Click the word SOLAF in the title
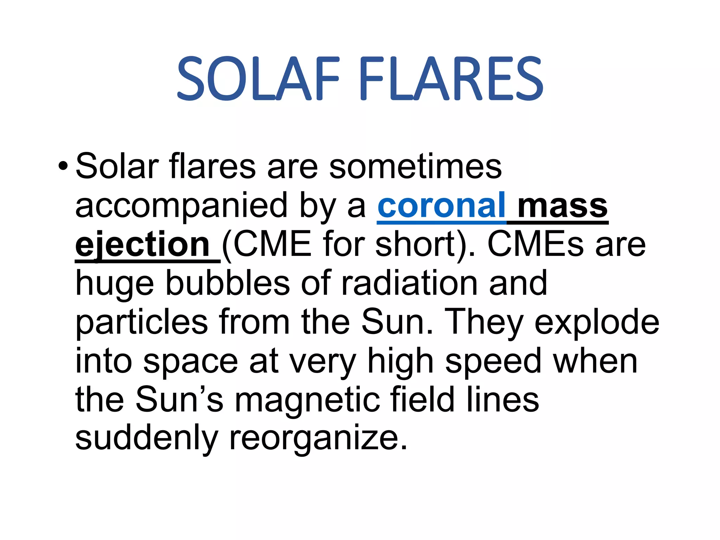pyautogui.click(x=258, y=79)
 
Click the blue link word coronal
pyautogui.click(x=441, y=205)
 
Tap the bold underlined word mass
pyautogui.click(x=562, y=205)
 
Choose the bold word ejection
pyautogui.click(x=142, y=244)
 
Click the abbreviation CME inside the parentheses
pyautogui.click(x=272, y=244)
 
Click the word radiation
pyautogui.click(x=409, y=283)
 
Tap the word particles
pyautogui.click(x=142, y=322)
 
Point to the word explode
pyautogui.click(x=597, y=322)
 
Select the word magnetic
pyautogui.click(x=307, y=400)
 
